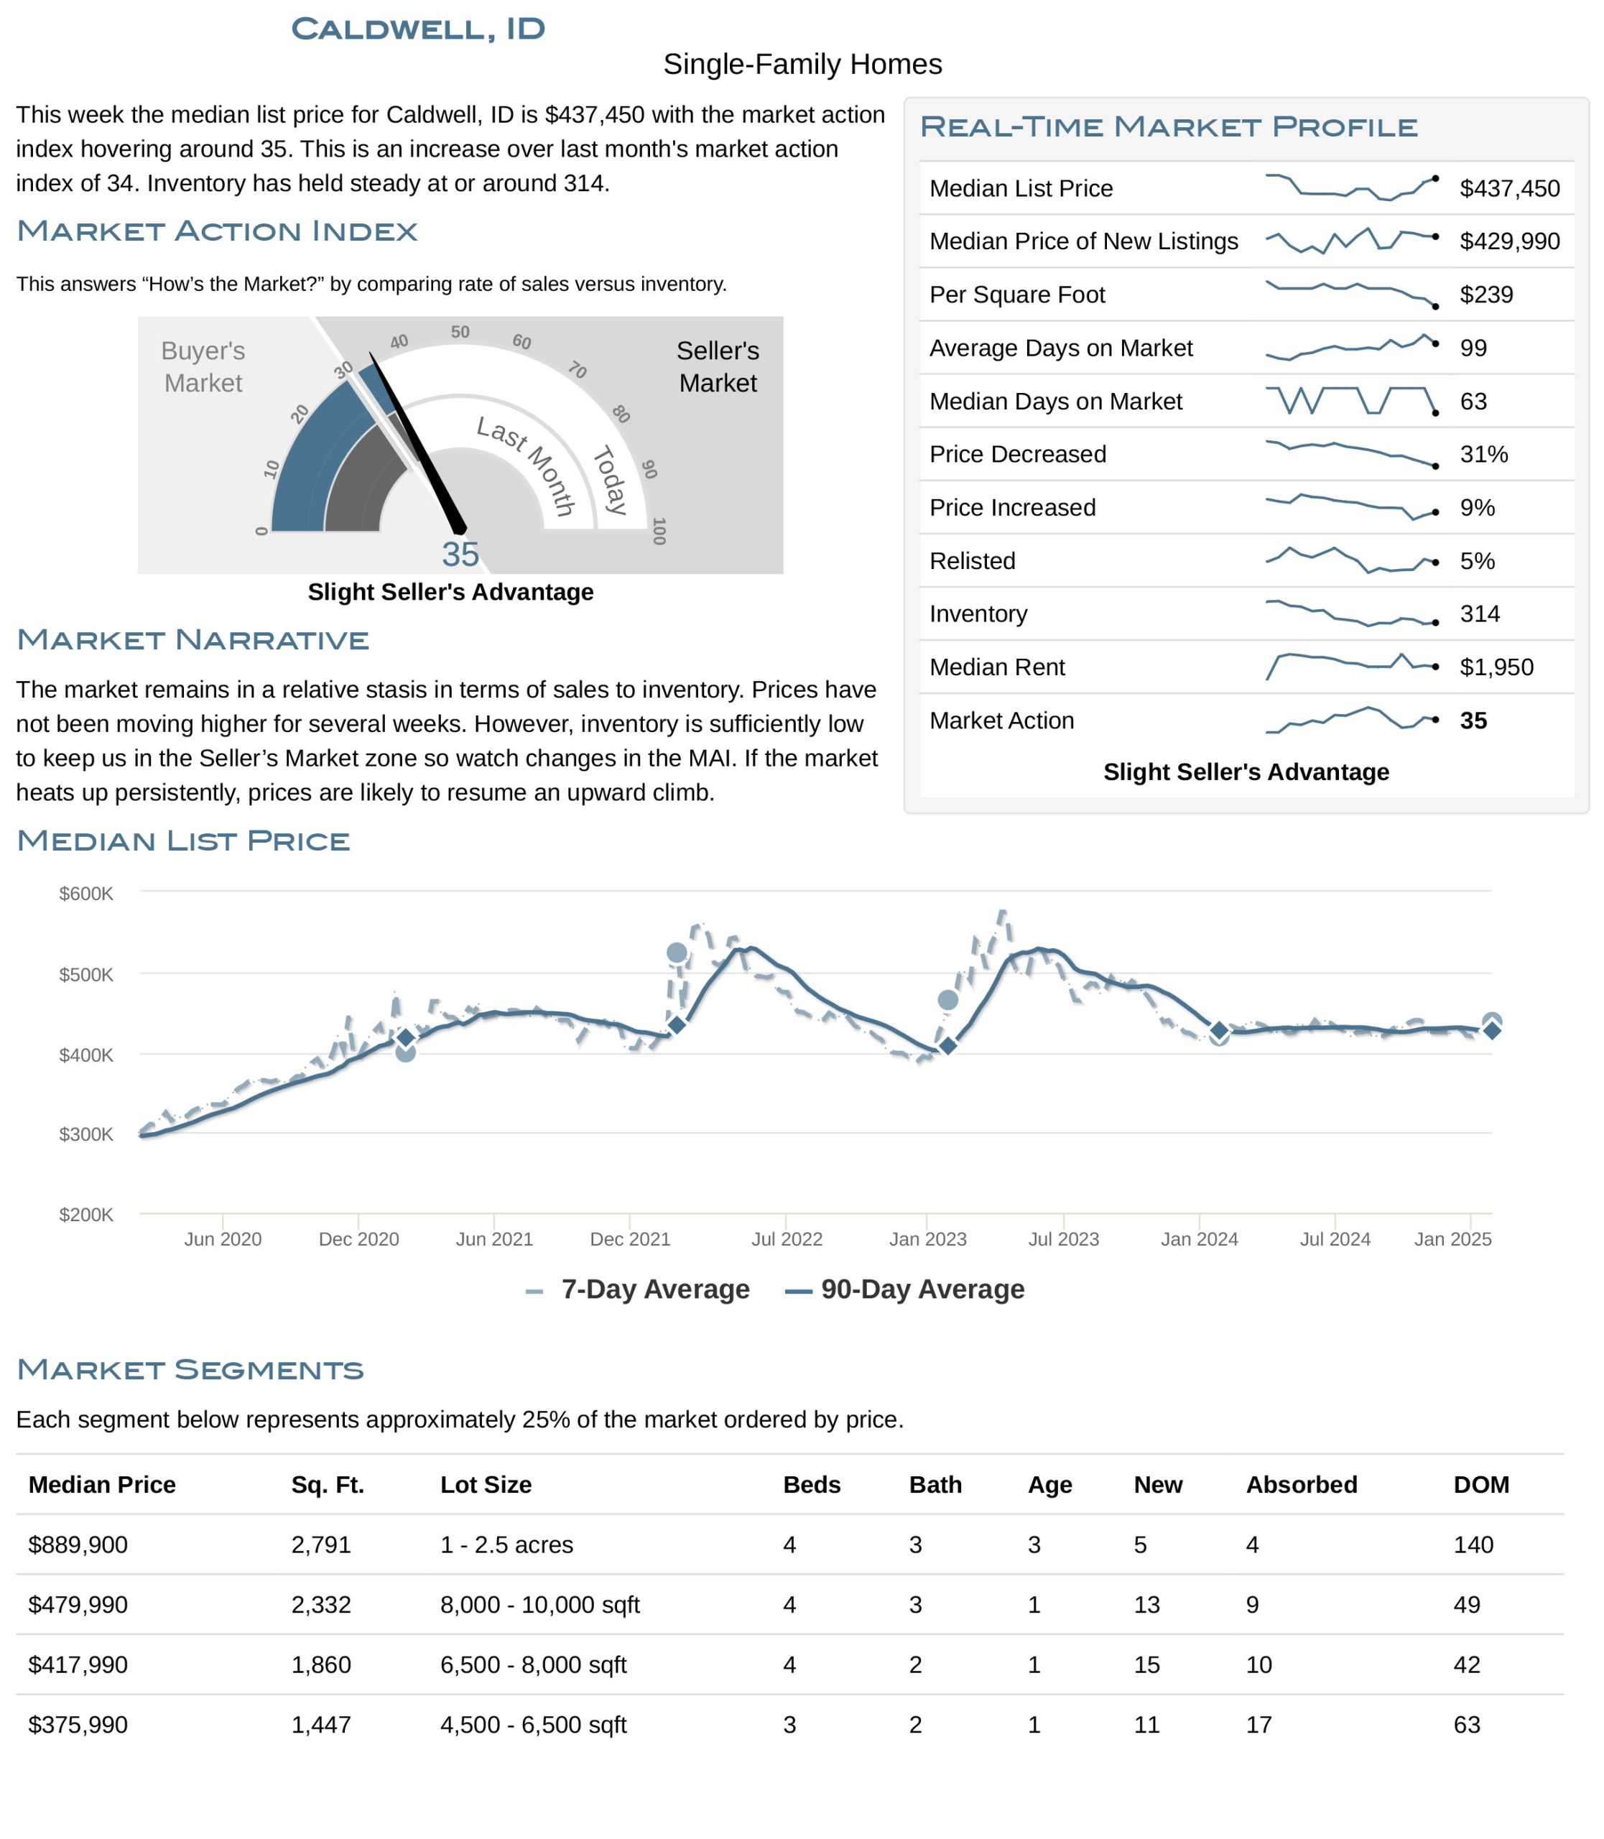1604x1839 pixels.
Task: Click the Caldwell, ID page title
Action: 418,29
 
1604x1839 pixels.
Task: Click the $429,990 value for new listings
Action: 1509,242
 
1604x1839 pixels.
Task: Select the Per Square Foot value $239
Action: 1486,295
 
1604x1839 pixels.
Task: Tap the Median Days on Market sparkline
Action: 1352,401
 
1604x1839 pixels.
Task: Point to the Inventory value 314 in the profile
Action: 1480,614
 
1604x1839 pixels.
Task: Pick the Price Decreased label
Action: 1018,454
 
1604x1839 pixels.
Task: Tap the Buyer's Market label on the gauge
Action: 203,367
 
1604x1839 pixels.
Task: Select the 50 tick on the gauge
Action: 460,332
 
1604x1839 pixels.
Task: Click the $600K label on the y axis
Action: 86,894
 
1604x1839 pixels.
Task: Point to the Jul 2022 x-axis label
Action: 787,1239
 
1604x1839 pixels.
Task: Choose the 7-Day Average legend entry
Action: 637,1289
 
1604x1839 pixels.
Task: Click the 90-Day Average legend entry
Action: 904,1289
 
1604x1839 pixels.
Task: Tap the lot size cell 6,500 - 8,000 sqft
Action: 534,1664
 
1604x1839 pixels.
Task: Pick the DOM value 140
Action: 1473,1544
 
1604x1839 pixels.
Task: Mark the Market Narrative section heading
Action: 193,640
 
